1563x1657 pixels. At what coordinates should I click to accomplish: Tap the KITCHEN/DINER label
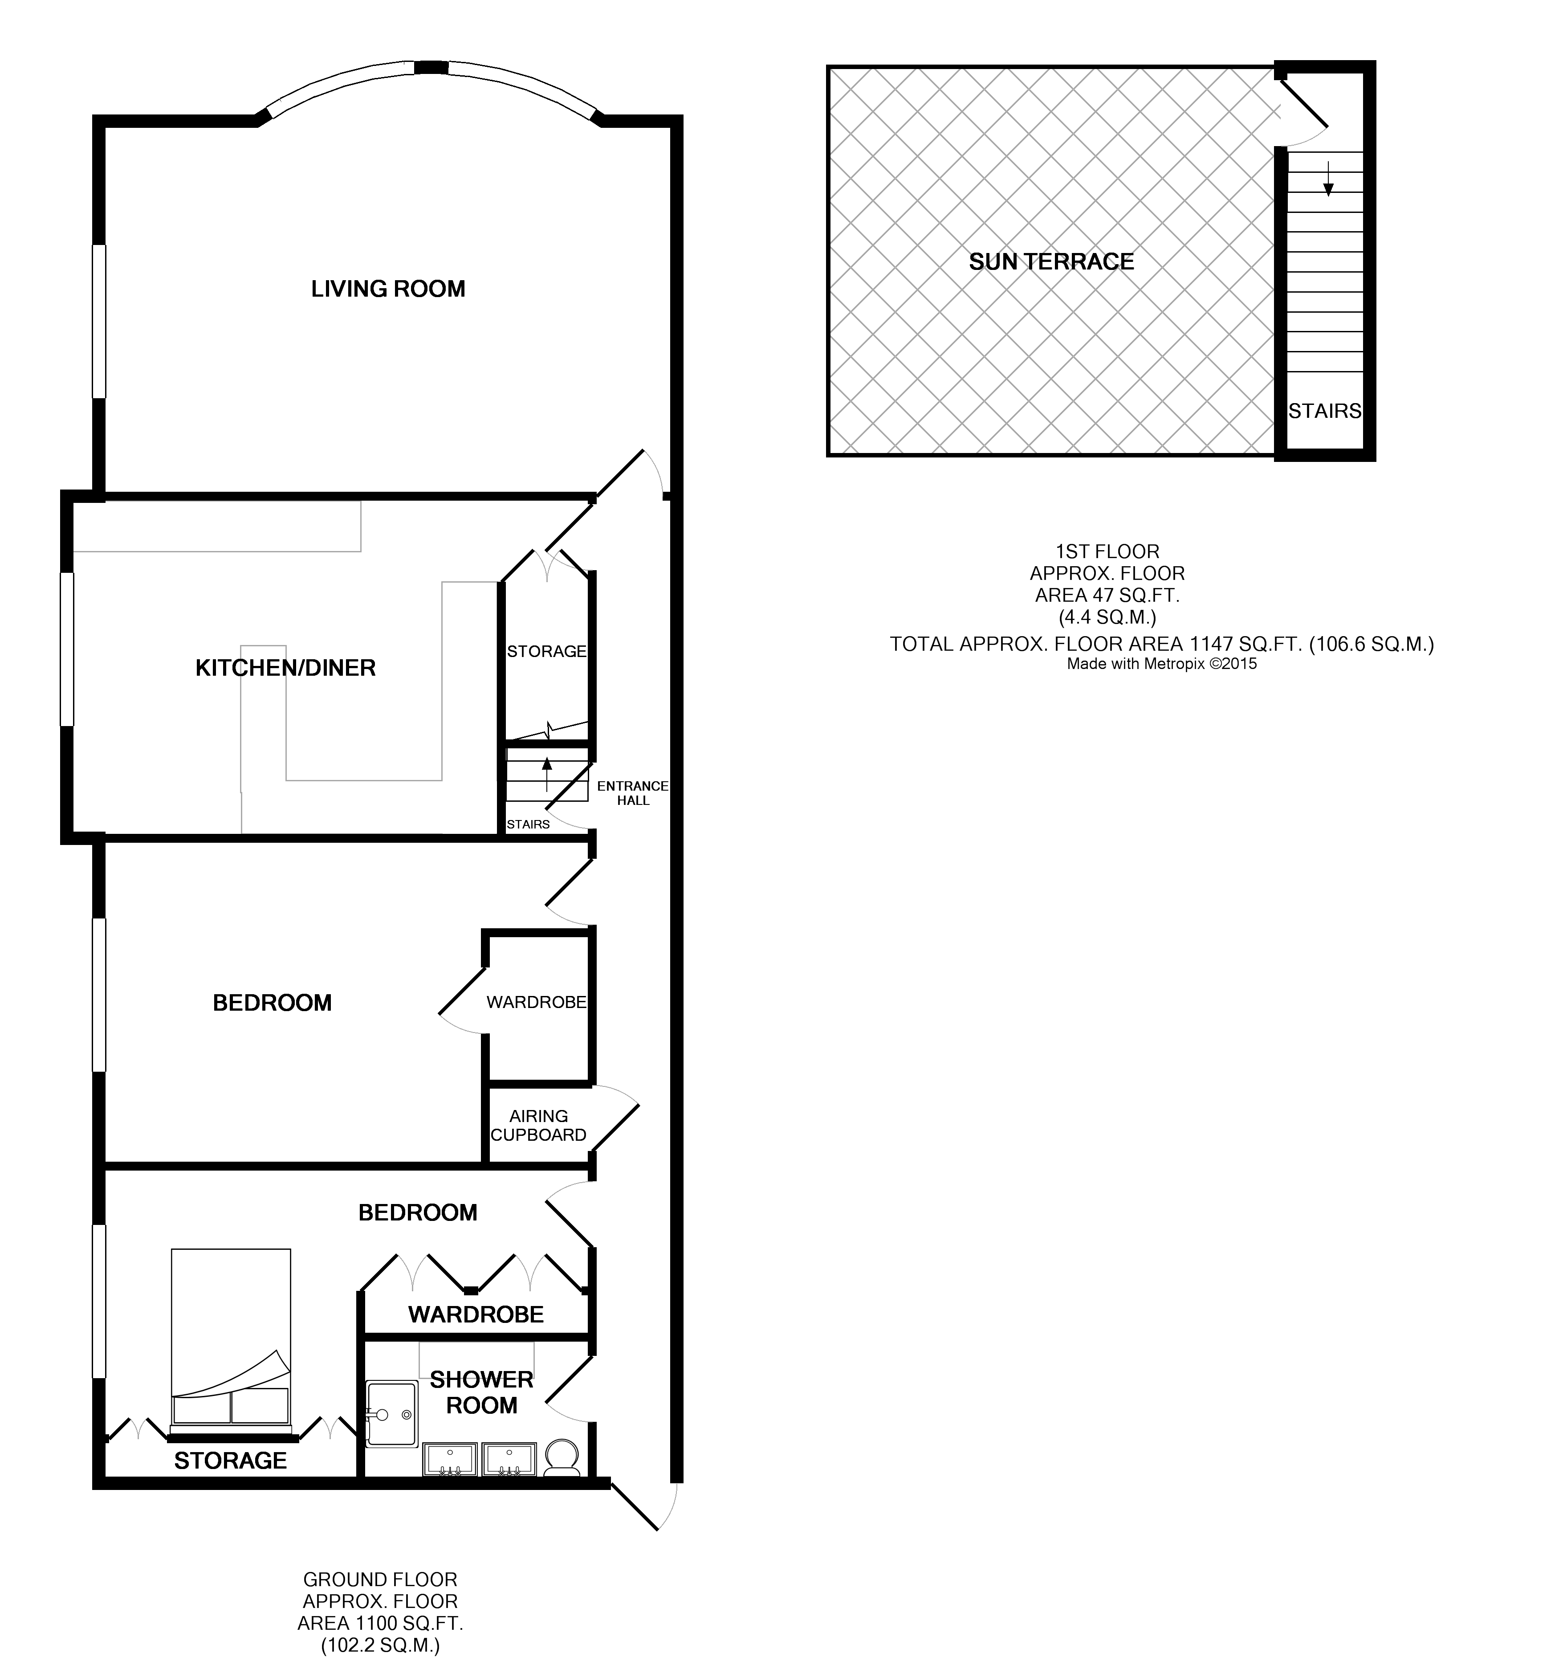pyautogui.click(x=285, y=668)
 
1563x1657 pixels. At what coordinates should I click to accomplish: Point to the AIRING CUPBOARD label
pyautogui.click(x=538, y=1125)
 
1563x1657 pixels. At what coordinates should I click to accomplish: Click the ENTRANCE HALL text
pyautogui.click(x=632, y=793)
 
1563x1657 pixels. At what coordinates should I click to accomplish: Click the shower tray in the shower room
pyautogui.click(x=391, y=1414)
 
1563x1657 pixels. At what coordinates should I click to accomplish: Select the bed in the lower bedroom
pyautogui.click(x=231, y=1342)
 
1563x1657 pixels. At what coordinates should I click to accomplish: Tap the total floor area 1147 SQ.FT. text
pyautogui.click(x=1161, y=644)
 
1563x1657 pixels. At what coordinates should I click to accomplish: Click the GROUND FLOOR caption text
pyautogui.click(x=380, y=1579)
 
